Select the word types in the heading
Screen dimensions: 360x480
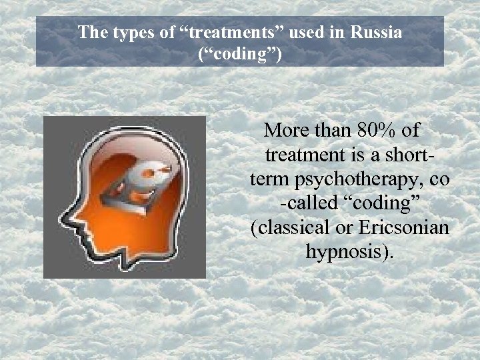tap(122, 32)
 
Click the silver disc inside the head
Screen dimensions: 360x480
tap(150, 176)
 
